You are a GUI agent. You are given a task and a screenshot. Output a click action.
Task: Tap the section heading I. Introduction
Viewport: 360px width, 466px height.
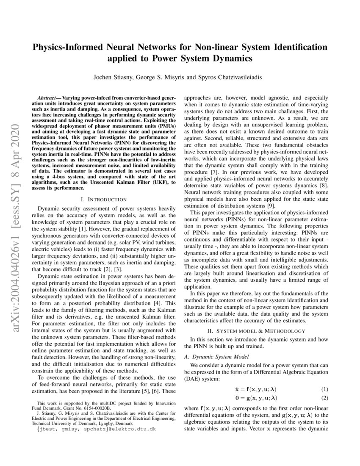pos(103,199)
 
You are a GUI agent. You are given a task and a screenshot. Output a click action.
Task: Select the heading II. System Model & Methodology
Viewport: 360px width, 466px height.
pos(256,331)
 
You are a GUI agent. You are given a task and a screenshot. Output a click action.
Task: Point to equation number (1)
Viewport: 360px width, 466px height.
pos(324,389)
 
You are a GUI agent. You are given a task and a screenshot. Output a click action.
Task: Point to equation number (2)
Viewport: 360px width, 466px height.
pos(324,398)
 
